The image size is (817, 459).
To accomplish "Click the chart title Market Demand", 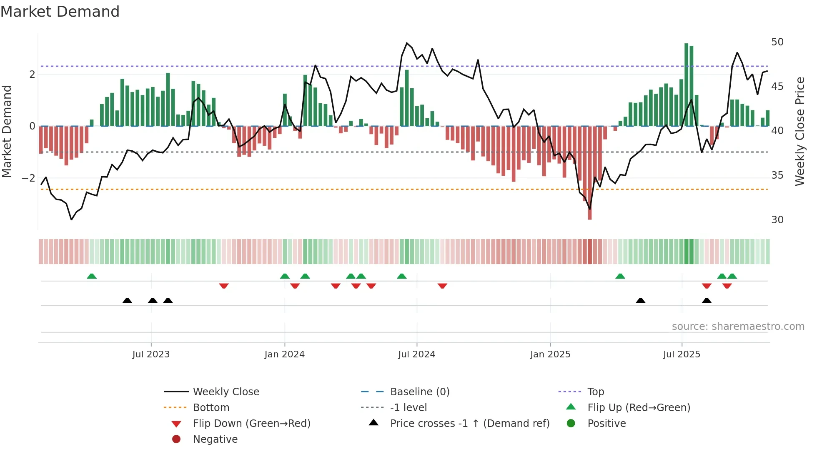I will pyautogui.click(x=60, y=12).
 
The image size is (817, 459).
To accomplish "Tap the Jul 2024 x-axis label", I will pyautogui.click(x=416, y=354).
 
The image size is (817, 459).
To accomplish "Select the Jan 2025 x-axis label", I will pyautogui.click(x=550, y=354).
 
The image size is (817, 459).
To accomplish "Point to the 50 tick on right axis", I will pyautogui.click(x=777, y=42).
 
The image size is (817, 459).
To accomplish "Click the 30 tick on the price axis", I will pyautogui.click(x=777, y=220).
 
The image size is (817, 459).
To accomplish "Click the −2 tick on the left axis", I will pyautogui.click(x=28, y=178).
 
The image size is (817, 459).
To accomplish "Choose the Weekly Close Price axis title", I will pyautogui.click(x=799, y=131).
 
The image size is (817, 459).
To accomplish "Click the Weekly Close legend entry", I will pyautogui.click(x=226, y=392).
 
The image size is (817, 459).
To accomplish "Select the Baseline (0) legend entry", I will pyautogui.click(x=419, y=392).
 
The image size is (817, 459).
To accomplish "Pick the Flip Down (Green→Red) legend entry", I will pyautogui.click(x=251, y=424).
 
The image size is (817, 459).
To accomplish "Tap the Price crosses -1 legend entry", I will pyautogui.click(x=469, y=424).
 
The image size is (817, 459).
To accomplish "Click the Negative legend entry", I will pyautogui.click(x=215, y=439).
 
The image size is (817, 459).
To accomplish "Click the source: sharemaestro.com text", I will pyautogui.click(x=738, y=327).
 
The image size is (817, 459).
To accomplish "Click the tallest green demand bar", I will pyautogui.click(x=686, y=83).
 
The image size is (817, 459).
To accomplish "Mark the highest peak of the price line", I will pyautogui.click(x=407, y=43).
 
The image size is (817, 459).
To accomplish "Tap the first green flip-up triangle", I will pyautogui.click(x=92, y=276).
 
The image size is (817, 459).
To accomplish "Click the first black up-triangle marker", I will pyautogui.click(x=127, y=301).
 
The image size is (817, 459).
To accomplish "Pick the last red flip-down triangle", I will pyautogui.click(x=727, y=286).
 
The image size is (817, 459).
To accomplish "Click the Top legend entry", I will pyautogui.click(x=595, y=392).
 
